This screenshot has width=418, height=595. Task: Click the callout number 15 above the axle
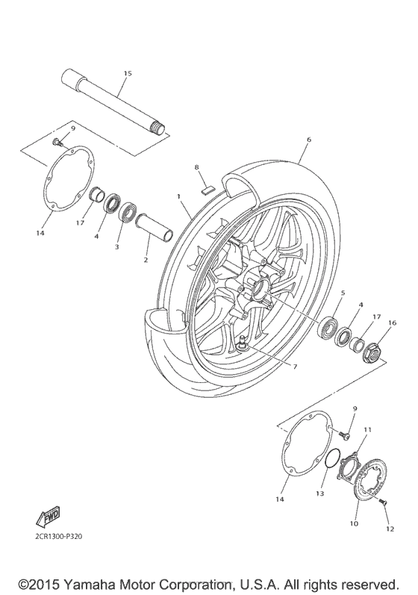(x=127, y=73)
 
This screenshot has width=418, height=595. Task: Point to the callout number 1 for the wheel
(x=179, y=196)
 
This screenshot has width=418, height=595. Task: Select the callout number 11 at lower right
(x=366, y=431)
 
